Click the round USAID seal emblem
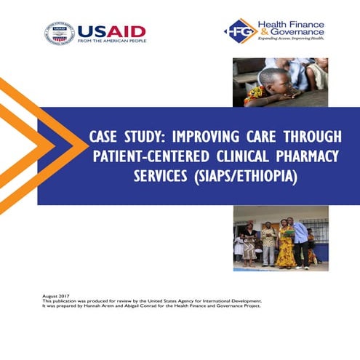60,33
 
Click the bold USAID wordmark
111,31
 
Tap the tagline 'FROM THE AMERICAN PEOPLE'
111,41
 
